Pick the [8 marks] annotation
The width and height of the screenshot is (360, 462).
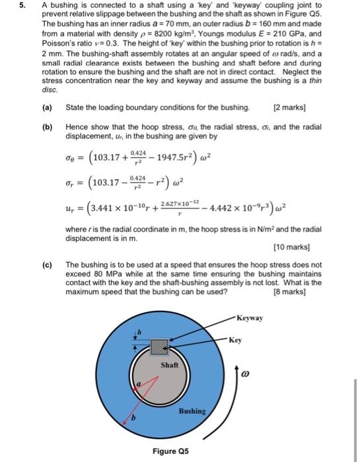(305, 291)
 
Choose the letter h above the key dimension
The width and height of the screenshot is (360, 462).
(138, 330)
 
